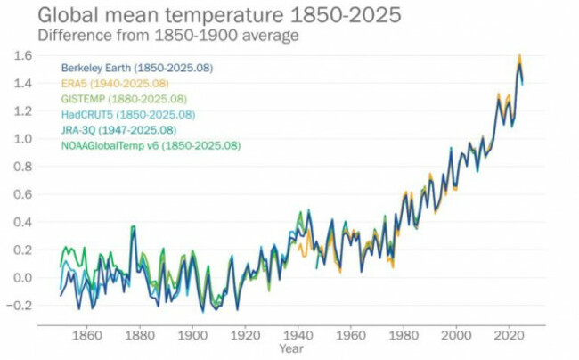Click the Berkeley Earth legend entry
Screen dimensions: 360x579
pyautogui.click(x=136, y=68)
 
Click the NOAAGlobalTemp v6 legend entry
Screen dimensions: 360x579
pyautogui.click(x=150, y=145)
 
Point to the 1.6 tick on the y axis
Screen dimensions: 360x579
pyautogui.click(x=22, y=55)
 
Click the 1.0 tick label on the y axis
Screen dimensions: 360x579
pyautogui.click(x=22, y=139)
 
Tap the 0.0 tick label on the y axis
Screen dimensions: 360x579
pyautogui.click(x=22, y=277)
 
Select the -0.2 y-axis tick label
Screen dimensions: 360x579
pyautogui.click(x=20, y=305)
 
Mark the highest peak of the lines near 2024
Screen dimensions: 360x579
pyautogui.click(x=519, y=56)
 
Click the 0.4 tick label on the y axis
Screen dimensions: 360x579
pyautogui.click(x=22, y=222)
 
